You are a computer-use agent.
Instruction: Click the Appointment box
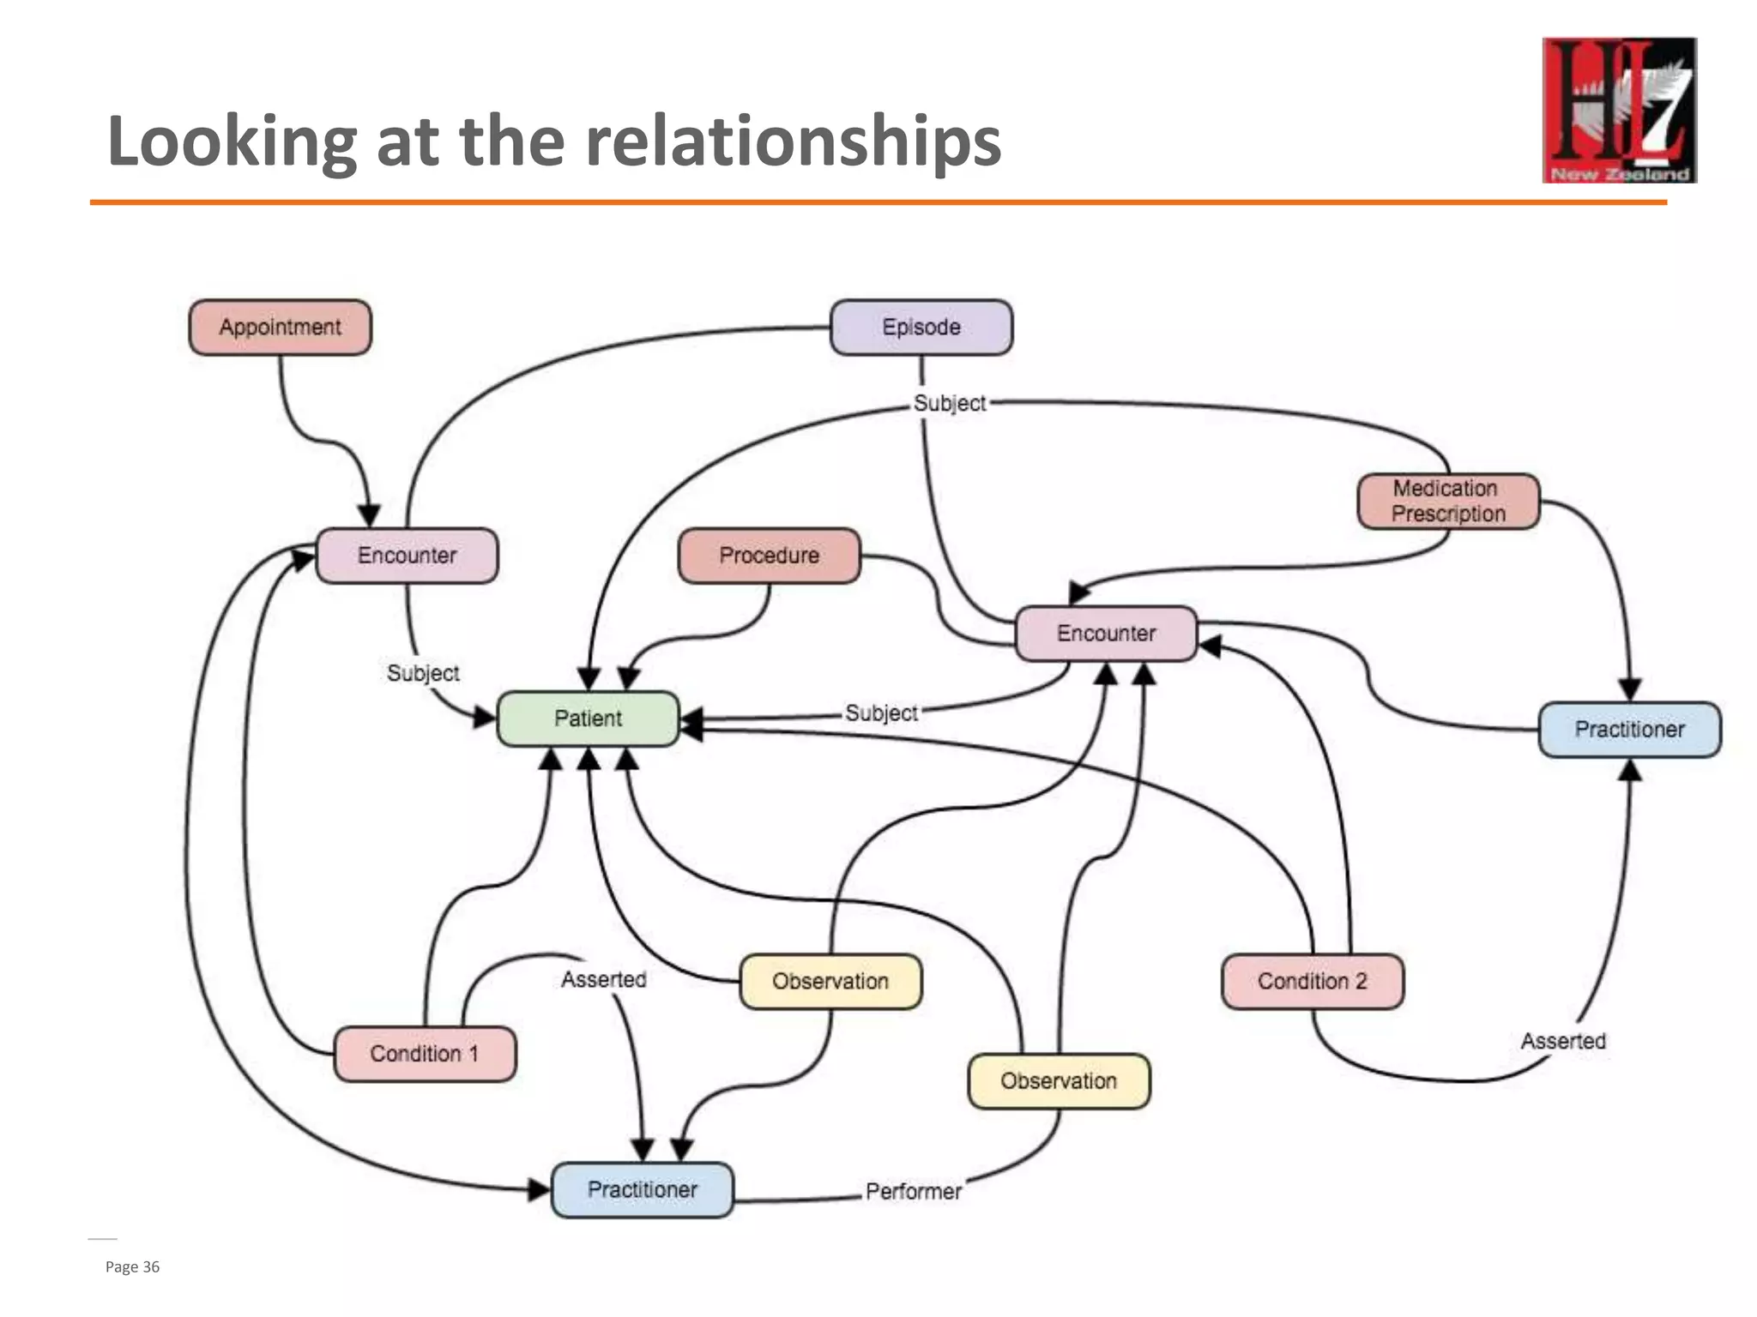280,327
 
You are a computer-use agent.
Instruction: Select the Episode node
921,327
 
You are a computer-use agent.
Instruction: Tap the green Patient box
588,719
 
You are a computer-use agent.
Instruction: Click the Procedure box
769,556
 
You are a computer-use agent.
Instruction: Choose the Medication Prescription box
1448,501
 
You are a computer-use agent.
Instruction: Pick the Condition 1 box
424,1054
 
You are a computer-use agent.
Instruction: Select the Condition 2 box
1312,981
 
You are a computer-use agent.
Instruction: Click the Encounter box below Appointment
407,556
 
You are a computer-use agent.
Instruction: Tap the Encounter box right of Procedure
1106,634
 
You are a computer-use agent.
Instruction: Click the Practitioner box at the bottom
642,1189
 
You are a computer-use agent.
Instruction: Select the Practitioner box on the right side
1629,730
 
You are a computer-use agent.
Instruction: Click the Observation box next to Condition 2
830,981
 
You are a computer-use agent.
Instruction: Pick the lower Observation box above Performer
1058,1081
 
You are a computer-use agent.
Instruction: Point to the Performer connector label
913,1192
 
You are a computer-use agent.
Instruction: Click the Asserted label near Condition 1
603,979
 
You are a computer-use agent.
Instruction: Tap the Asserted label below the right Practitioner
1562,1041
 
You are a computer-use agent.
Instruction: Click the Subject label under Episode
949,403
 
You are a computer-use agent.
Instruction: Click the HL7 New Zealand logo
1619,110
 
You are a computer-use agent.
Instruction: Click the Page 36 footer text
132,1266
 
